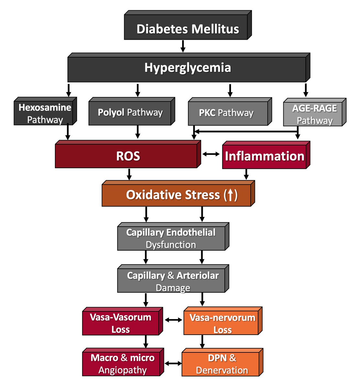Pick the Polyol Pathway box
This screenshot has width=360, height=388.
130,113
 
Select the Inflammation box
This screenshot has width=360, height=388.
264,156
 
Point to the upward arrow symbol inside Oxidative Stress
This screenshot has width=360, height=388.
230,195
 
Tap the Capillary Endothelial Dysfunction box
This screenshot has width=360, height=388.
171,238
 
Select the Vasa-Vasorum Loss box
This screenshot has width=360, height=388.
121,323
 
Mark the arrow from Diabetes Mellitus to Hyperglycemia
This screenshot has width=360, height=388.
183,46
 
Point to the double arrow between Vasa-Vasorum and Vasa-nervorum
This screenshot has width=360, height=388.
173,320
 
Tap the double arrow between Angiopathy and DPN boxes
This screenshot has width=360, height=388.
173,363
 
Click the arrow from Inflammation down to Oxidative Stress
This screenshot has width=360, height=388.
246,174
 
